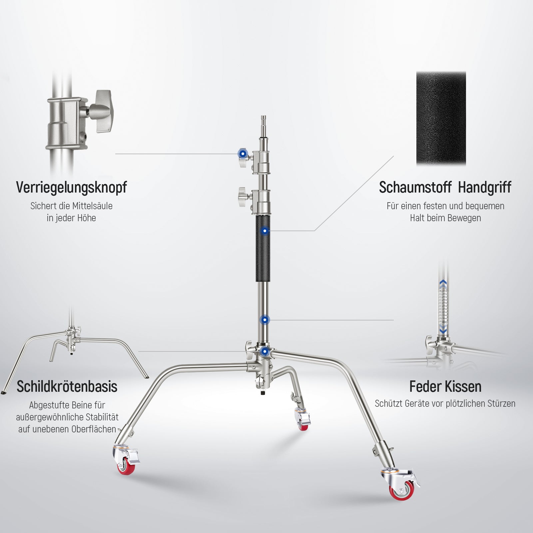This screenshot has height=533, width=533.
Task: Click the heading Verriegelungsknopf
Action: coord(71,188)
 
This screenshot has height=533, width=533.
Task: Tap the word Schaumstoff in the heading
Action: coord(415,187)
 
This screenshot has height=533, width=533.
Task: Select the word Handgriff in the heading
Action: coord(484,188)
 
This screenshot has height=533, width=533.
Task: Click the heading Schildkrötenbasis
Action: coord(67,386)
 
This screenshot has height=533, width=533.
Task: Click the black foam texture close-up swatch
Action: coord(441,118)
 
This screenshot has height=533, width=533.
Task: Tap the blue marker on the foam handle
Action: coord(265,231)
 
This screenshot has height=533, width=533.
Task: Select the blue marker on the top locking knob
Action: coord(243,154)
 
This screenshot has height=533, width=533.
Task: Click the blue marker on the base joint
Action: coord(265,351)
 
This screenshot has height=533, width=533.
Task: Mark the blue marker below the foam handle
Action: coord(265,320)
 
